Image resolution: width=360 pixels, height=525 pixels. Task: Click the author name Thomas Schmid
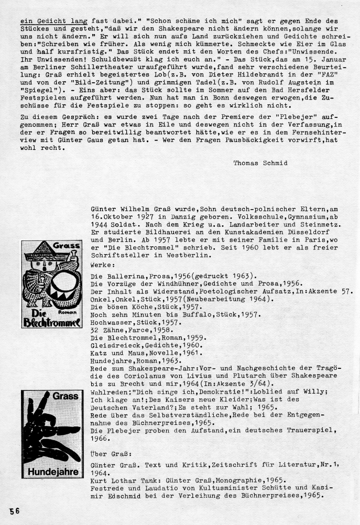point(261,163)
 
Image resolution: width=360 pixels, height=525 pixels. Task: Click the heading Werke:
point(103,266)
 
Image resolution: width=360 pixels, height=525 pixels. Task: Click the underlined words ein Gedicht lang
point(53,21)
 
